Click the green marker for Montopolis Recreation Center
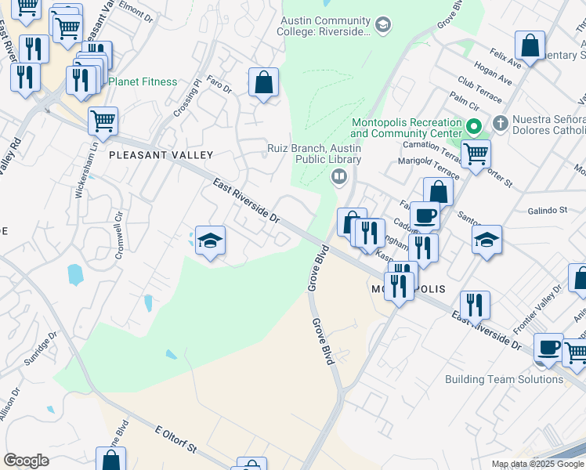pos(473,125)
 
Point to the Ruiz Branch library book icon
pos(338,176)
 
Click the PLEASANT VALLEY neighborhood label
pos(161,155)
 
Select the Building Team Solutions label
pos(503,379)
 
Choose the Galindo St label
pos(547,210)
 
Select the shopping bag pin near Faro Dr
pos(264,81)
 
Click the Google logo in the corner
pos(26,461)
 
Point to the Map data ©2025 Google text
pos(538,464)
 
